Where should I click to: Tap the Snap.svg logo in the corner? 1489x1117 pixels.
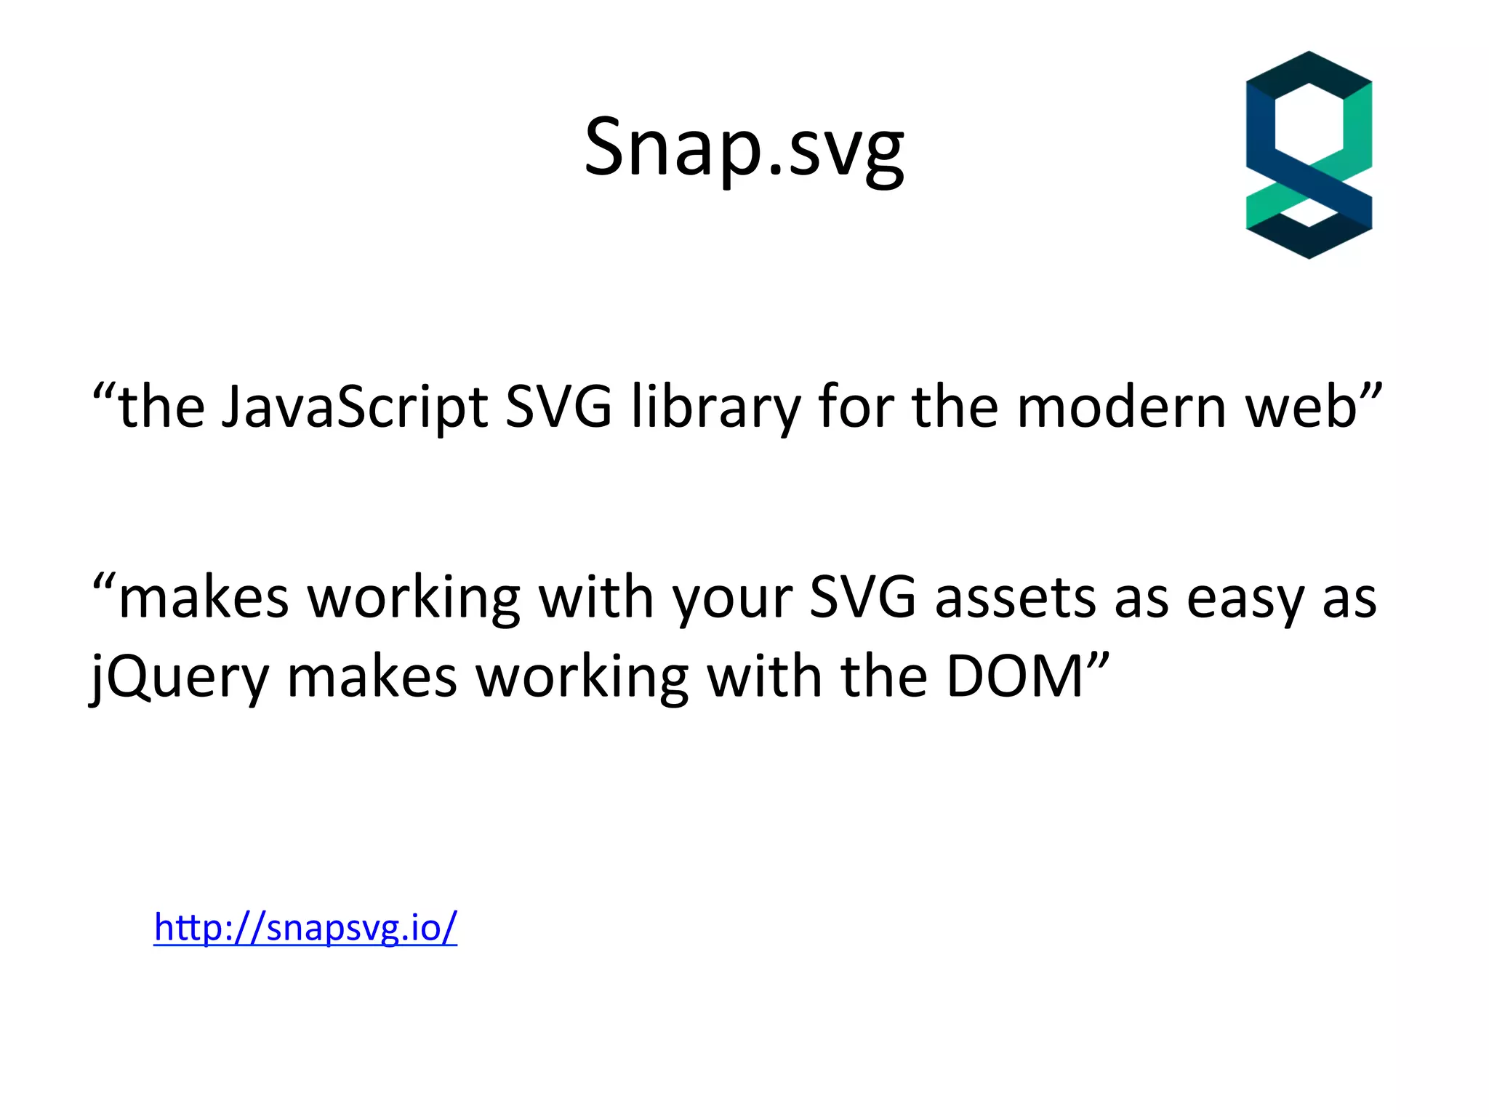coord(1309,155)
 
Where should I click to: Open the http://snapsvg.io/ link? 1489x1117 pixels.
coord(305,927)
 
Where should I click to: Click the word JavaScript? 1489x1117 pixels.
coord(354,407)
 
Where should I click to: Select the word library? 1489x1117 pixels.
coord(715,407)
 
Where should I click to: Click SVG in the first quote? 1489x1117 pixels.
coord(558,407)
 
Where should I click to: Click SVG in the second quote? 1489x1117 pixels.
coord(862,598)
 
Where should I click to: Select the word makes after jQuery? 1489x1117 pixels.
coord(372,676)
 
